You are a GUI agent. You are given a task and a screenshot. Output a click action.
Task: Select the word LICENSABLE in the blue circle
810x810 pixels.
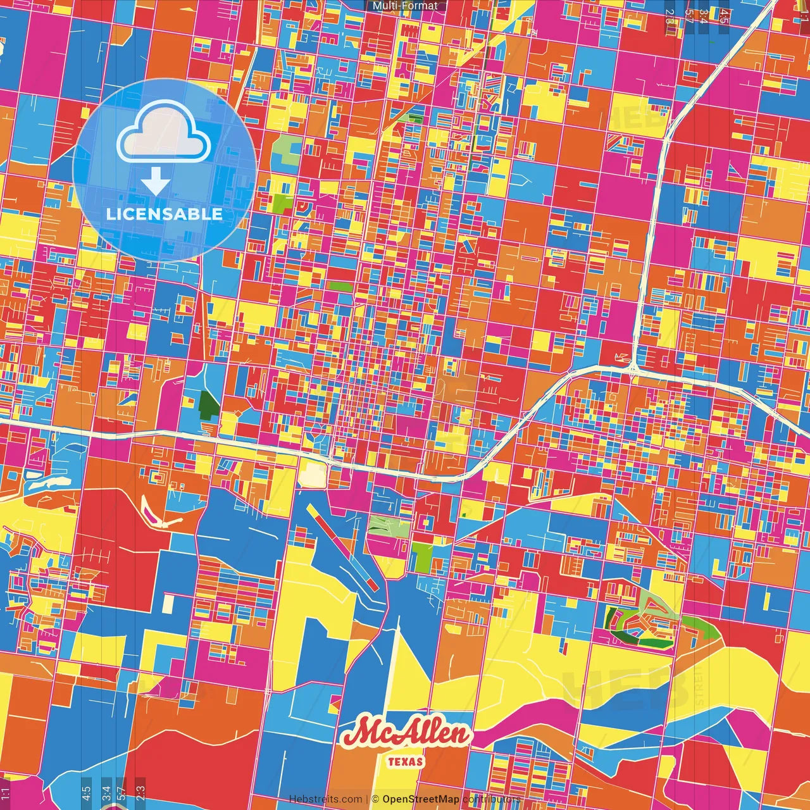165,214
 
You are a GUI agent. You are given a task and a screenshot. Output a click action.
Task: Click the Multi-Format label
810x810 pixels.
405,6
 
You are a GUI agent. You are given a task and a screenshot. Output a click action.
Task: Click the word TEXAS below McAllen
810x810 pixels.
406,761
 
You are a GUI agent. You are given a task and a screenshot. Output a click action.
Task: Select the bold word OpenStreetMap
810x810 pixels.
421,799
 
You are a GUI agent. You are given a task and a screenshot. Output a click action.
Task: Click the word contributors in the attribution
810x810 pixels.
492,799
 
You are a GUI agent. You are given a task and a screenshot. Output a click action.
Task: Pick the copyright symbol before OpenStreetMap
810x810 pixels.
375,799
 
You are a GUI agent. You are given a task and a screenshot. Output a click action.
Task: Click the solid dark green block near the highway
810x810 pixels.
208,404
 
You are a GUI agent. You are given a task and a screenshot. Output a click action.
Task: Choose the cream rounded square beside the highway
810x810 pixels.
312,474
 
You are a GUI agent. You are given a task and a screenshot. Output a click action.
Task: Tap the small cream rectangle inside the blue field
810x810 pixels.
168,604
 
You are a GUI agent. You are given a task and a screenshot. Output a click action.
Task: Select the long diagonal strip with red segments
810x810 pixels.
342,544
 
